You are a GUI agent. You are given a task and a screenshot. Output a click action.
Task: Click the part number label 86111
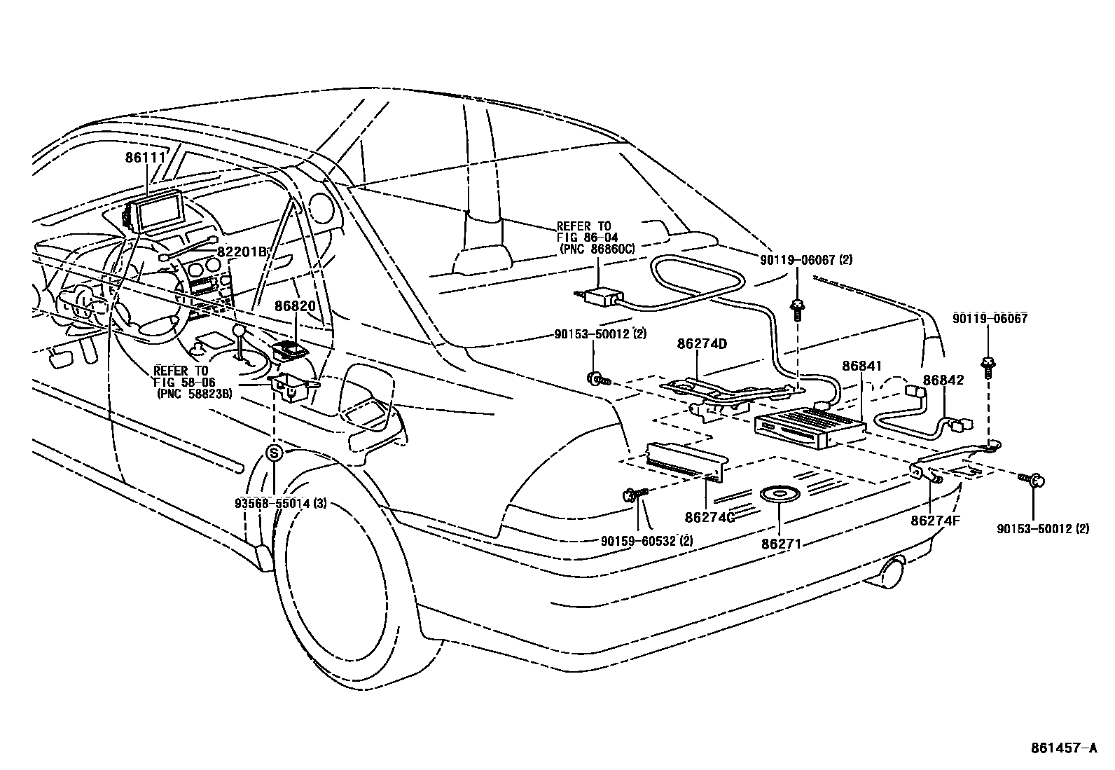(145, 158)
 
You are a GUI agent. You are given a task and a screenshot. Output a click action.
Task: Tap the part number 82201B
(242, 252)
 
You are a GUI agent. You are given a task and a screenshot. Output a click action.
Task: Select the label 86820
(295, 306)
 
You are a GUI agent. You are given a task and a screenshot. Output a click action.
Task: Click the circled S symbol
(275, 453)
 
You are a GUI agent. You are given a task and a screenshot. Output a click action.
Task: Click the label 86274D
(702, 344)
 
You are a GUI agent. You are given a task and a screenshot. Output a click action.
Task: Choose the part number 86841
(861, 366)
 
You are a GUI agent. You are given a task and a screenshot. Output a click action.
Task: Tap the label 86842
(943, 380)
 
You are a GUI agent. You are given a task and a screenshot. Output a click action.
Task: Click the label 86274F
(935, 520)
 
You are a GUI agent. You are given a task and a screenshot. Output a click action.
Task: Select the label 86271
(780, 542)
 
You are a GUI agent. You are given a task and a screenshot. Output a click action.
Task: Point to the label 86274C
(709, 517)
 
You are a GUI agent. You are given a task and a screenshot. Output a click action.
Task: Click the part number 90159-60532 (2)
(646, 540)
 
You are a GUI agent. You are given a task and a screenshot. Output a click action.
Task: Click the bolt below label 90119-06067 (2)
(797, 308)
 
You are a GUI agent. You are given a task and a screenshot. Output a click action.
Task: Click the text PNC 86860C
(597, 248)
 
